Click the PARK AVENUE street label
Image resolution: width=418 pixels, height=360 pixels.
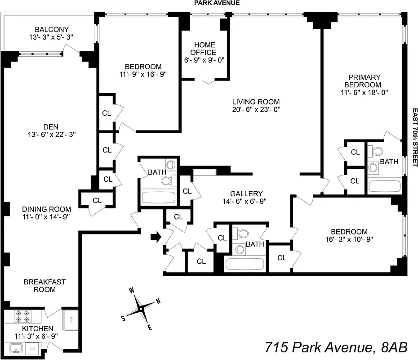coord(217,3)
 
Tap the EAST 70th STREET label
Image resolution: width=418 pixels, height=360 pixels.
coord(414,137)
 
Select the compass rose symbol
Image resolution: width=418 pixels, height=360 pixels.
coord(141,309)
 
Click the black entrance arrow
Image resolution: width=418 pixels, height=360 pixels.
coord(156,237)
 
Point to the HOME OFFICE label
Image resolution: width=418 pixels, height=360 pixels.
coord(205,49)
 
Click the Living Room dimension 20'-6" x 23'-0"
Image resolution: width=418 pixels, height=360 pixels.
coord(255,109)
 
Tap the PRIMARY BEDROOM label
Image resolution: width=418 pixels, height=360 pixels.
coord(363,81)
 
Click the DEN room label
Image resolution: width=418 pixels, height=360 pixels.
coord(50,126)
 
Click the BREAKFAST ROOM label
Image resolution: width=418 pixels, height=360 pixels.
coord(44,285)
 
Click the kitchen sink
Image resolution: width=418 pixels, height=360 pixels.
coord(17,347)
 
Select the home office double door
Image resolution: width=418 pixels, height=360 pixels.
coord(208,81)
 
